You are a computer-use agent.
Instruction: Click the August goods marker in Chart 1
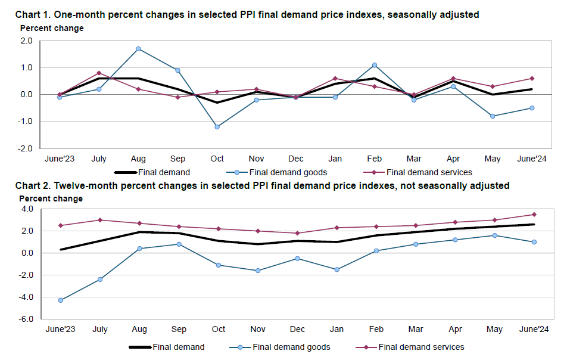(x=138, y=49)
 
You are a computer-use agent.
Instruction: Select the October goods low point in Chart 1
(x=217, y=127)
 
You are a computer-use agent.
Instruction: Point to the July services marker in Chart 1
(x=99, y=73)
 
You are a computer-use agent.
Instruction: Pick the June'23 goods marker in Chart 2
(x=61, y=300)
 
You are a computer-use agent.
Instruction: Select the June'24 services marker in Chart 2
(x=534, y=215)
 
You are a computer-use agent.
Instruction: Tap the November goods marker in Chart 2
(x=257, y=271)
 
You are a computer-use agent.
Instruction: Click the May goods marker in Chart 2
(x=494, y=235)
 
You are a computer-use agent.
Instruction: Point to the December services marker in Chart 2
(x=297, y=233)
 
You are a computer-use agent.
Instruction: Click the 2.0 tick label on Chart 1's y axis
(x=26, y=41)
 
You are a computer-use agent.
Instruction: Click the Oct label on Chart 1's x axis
(x=217, y=159)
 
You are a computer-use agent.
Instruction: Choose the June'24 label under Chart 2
(x=534, y=330)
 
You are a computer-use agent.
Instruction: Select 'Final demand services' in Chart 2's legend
(x=421, y=347)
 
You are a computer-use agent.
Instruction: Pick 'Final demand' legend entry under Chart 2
(x=178, y=347)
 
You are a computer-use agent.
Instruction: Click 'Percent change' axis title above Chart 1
(x=52, y=28)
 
